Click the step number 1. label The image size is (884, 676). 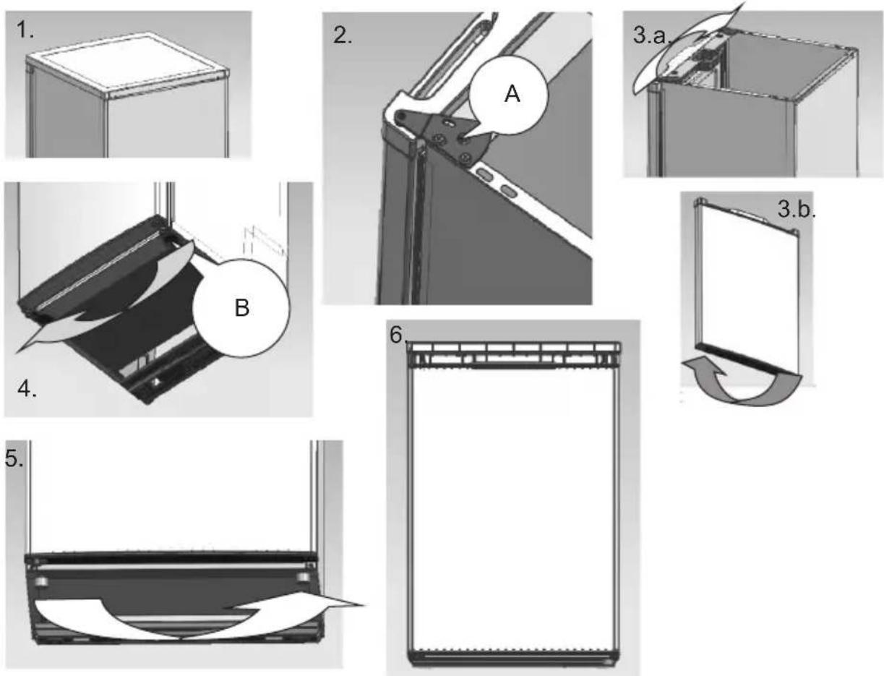[x=25, y=30]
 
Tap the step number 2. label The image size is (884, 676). [x=343, y=35]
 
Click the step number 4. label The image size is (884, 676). [x=27, y=389]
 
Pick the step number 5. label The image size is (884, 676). [x=14, y=459]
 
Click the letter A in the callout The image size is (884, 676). [x=512, y=95]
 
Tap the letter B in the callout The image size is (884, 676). [x=241, y=308]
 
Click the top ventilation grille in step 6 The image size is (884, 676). [x=514, y=354]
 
